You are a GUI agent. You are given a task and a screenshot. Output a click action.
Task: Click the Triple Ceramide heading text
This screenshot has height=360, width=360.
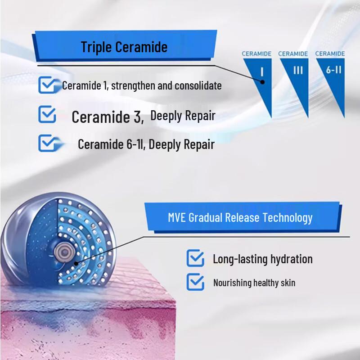coord(124,47)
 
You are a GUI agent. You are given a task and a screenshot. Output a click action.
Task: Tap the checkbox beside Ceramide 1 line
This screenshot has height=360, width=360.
coord(47,85)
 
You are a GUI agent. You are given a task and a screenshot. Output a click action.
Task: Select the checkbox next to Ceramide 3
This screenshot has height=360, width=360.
coord(47,115)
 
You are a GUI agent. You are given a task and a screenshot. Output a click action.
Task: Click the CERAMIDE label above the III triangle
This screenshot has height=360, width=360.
coord(293,54)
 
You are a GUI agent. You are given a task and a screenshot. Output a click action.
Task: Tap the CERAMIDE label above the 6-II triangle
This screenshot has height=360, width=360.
coord(330,54)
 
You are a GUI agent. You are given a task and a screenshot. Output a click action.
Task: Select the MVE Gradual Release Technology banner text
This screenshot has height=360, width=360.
coord(240,218)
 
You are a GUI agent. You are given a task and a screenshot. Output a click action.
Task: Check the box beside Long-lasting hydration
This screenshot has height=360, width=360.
coord(195,258)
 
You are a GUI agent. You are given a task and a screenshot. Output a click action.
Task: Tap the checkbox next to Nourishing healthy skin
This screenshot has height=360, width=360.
coord(195,282)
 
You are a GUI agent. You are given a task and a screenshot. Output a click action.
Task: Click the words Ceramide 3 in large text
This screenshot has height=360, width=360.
coord(108,117)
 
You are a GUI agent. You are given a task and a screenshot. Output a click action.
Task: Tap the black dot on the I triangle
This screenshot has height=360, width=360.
coord(262,82)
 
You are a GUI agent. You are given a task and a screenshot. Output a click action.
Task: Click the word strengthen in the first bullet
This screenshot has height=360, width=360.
coord(132,85)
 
